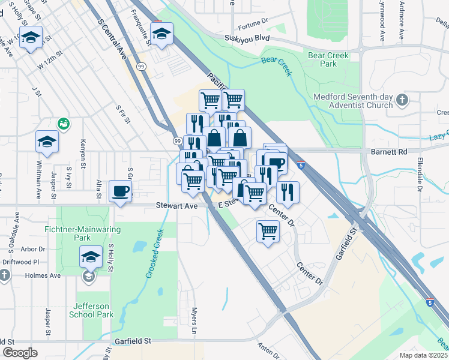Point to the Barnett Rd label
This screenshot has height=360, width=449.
(389, 152)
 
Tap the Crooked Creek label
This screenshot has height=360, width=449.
(155, 253)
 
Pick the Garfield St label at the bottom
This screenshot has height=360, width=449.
(132, 341)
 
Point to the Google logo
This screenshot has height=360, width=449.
(20, 353)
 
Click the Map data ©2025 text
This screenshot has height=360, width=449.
(424, 355)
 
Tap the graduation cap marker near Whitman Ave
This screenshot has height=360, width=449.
(47, 142)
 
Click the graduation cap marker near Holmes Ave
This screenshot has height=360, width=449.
(91, 257)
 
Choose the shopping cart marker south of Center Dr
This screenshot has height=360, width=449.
(268, 230)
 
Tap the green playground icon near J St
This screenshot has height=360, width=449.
(63, 124)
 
